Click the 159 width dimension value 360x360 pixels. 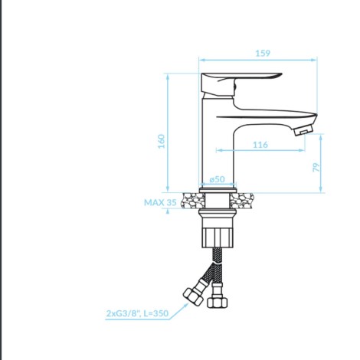pyautogui.click(x=263, y=53)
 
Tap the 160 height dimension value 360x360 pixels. pyautogui.click(x=162, y=141)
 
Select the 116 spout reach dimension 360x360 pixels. pyautogui.click(x=260, y=145)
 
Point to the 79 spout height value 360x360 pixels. pyautogui.click(x=316, y=167)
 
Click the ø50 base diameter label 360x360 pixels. pyautogui.click(x=218, y=179)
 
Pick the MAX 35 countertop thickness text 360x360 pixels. pyautogui.click(x=160, y=202)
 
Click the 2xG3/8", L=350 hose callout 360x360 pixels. pyautogui.click(x=137, y=313)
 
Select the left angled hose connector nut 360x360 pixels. pyautogui.click(x=193, y=296)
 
